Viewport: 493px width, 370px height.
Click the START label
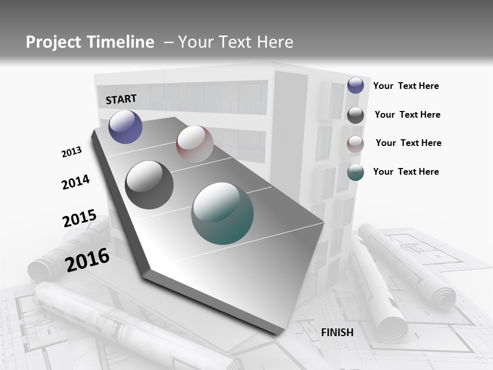[121, 99]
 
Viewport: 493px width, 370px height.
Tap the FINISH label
[337, 332]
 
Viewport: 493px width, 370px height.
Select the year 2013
[71, 152]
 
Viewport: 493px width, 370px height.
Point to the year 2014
[75, 182]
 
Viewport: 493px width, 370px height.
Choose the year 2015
[79, 218]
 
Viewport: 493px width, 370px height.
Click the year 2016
[87, 260]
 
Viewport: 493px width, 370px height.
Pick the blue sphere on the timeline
[125, 126]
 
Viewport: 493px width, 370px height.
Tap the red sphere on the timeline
[195, 144]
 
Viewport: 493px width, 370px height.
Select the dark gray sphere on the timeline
[149, 185]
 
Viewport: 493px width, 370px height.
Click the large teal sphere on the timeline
[222, 213]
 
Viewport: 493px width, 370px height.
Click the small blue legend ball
[355, 85]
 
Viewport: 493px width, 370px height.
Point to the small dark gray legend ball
[355, 115]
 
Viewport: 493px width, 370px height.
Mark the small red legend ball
[355, 144]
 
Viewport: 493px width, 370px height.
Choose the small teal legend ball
[355, 172]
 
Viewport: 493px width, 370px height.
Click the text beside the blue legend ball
[406, 86]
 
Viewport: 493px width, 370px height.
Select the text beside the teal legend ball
[406, 172]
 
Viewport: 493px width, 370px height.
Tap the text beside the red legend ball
[408, 143]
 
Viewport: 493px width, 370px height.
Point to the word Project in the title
[53, 42]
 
